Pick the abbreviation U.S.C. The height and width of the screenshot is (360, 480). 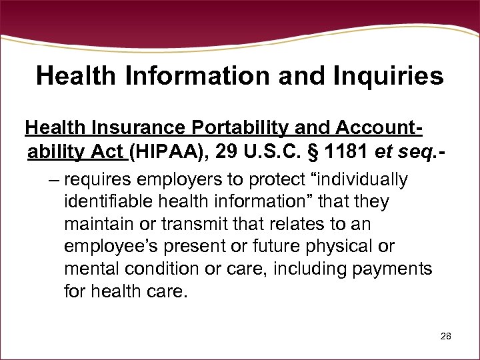tap(271, 152)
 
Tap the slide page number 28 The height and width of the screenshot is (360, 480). tap(446, 337)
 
